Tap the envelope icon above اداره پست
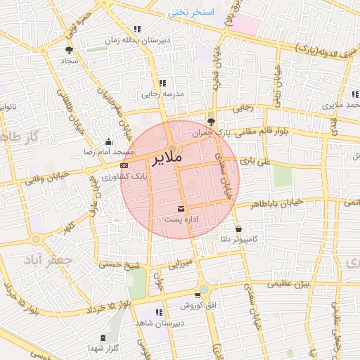click(182, 208)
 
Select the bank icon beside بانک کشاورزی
click(124, 165)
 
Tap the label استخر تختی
click(191, 13)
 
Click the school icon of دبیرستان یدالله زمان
click(136, 30)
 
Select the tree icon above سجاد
click(69, 50)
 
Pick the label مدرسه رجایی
click(163, 93)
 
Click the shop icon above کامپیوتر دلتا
click(239, 229)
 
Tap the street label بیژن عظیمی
click(291, 284)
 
